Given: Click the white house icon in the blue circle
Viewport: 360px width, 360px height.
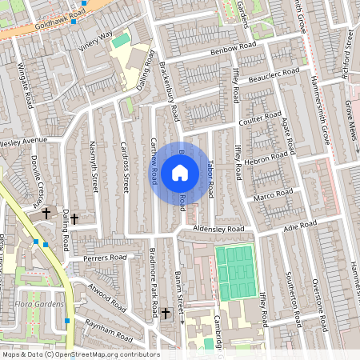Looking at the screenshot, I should click(x=180, y=172).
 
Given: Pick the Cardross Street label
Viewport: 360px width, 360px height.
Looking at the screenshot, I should click(x=125, y=168).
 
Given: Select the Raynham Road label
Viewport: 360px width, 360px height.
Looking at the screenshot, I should click(x=111, y=334).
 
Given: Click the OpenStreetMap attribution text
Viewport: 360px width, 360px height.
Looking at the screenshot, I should click(x=80, y=354).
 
